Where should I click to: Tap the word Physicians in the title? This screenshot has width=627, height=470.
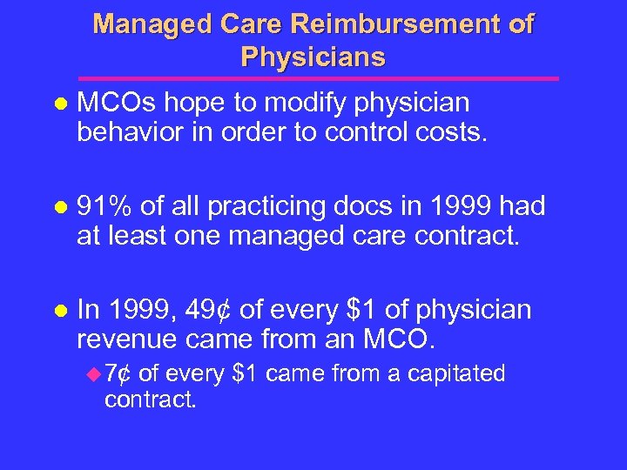pyautogui.click(x=313, y=57)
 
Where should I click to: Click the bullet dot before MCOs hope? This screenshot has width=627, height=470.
pyautogui.click(x=60, y=104)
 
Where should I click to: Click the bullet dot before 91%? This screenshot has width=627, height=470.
pyautogui.click(x=60, y=208)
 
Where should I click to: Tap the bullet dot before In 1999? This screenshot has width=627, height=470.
pyautogui.click(x=60, y=311)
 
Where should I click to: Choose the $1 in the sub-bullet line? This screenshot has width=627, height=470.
pyautogui.click(x=246, y=374)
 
